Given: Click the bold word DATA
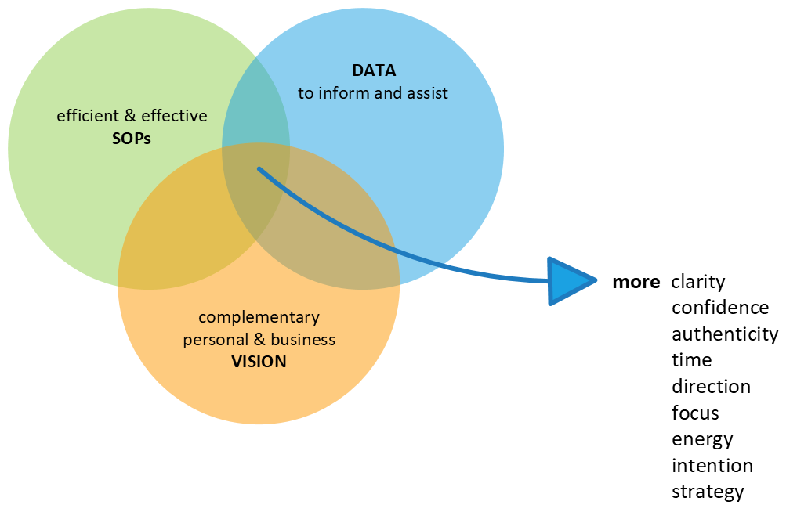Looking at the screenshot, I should point(374,70).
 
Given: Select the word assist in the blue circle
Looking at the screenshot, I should point(426,93).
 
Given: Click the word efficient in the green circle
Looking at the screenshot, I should point(88,116).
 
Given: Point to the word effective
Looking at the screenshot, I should point(174,116).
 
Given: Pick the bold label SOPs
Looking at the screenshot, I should point(132,139).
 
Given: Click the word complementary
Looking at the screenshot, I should point(259,317).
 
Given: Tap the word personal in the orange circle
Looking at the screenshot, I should point(214,340).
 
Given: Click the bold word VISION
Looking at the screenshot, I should point(259,362).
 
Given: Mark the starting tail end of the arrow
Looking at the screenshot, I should point(260,169).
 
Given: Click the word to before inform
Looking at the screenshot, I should point(306,93).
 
